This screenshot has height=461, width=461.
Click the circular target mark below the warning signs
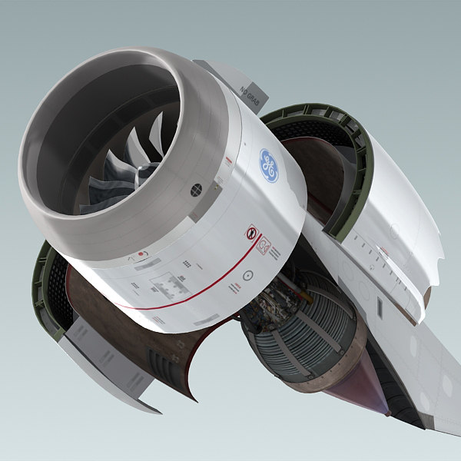click(x=248, y=274)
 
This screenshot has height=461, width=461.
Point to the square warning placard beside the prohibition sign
click(x=264, y=246)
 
